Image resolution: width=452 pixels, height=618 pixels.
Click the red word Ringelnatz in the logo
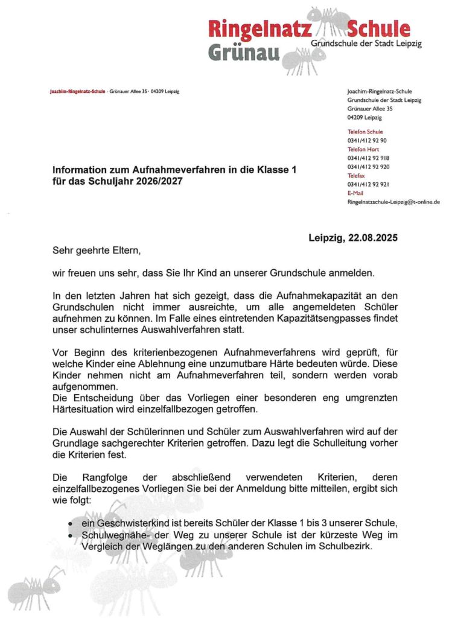point(260,28)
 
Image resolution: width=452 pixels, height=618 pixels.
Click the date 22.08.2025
point(370,238)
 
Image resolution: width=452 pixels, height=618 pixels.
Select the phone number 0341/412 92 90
point(368,140)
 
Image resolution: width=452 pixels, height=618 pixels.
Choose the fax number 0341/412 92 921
point(368,184)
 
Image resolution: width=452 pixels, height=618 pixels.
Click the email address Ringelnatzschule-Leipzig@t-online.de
point(393,202)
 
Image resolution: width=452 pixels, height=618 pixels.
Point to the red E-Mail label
point(355,193)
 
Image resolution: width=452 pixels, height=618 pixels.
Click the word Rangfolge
point(104,477)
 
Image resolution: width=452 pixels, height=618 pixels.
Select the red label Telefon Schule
point(365,132)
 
